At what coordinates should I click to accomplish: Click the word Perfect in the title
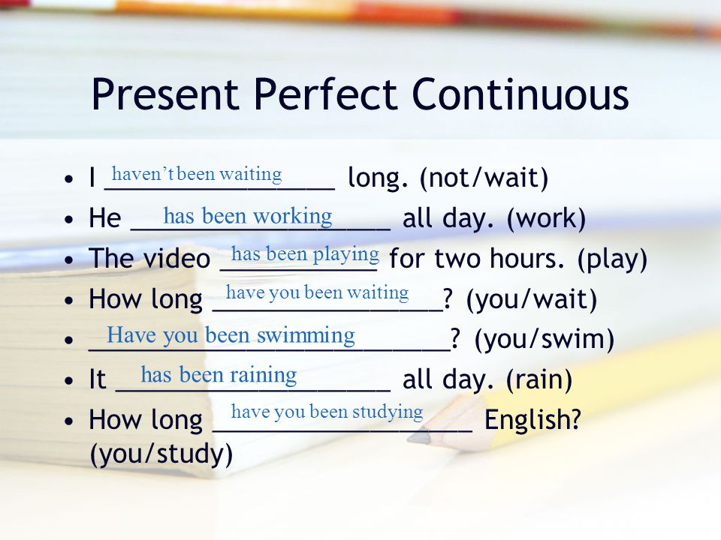[324, 94]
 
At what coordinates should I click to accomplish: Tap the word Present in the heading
[165, 94]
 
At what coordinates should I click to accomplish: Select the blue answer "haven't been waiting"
[197, 174]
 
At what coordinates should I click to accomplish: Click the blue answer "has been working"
[248, 216]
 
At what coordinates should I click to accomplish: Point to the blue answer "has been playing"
[306, 254]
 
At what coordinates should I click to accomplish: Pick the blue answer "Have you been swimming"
[231, 335]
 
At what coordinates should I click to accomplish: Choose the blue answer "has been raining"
[219, 375]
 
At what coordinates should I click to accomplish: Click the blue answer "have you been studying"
[327, 412]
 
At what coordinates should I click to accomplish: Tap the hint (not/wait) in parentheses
[484, 178]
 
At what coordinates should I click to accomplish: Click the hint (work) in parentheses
[546, 218]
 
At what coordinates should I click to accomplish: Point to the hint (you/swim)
[545, 339]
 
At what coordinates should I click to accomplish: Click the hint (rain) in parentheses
[539, 379]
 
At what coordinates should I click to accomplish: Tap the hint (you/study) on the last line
[161, 454]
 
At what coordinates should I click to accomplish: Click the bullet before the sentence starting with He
[69, 220]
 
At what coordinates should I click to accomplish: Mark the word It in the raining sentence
[98, 379]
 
